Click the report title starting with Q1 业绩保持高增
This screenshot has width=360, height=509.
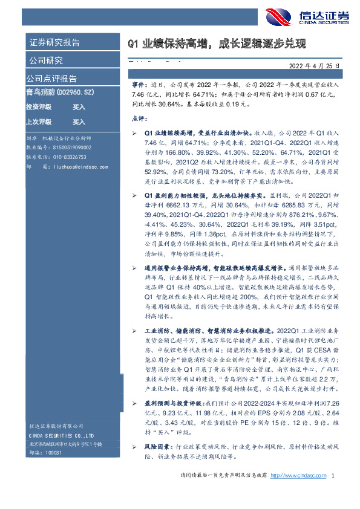pos(217,44)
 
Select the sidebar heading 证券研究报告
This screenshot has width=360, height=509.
pos(54,43)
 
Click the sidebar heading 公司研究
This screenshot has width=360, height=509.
pos(46,60)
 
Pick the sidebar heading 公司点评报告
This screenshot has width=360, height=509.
pos(51,79)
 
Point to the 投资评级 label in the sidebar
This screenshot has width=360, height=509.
pos(38,107)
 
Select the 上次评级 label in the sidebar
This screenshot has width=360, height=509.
pos(38,121)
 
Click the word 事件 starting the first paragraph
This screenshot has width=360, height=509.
pos(139,87)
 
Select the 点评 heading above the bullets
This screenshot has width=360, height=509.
pos(138,120)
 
